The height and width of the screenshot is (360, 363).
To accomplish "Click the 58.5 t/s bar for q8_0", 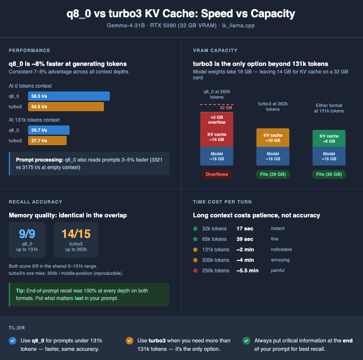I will click(x=69, y=96).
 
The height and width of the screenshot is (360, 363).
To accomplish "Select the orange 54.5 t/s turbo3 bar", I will click(x=66, y=107).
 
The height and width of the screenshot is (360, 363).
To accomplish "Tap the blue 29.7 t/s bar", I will click(x=49, y=130).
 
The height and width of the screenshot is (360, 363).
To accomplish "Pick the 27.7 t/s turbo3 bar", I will click(x=47, y=141).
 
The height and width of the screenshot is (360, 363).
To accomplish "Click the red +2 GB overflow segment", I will click(x=217, y=120).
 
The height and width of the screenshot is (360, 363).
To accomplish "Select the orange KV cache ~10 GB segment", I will click(x=273, y=138).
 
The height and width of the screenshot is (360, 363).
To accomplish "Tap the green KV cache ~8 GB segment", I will click(x=329, y=138).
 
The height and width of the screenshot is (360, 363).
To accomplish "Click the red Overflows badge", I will click(x=217, y=174).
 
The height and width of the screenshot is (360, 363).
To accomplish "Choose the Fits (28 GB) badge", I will click(x=273, y=174).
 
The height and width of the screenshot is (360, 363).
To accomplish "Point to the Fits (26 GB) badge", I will click(x=329, y=174).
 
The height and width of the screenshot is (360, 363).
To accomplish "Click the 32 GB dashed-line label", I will click(x=226, y=108).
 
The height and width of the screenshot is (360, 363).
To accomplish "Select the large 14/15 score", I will click(x=76, y=234).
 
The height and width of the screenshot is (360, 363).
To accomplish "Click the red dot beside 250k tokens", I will click(x=195, y=271).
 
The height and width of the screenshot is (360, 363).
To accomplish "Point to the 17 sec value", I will click(x=245, y=229).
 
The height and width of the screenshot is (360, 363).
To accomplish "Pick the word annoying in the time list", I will click(x=280, y=260).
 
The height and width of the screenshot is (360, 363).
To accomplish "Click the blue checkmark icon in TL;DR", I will click(x=12, y=341).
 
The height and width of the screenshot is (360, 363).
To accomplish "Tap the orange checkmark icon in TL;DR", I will click(x=129, y=341).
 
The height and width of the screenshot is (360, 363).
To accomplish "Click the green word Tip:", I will click(x=20, y=291).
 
